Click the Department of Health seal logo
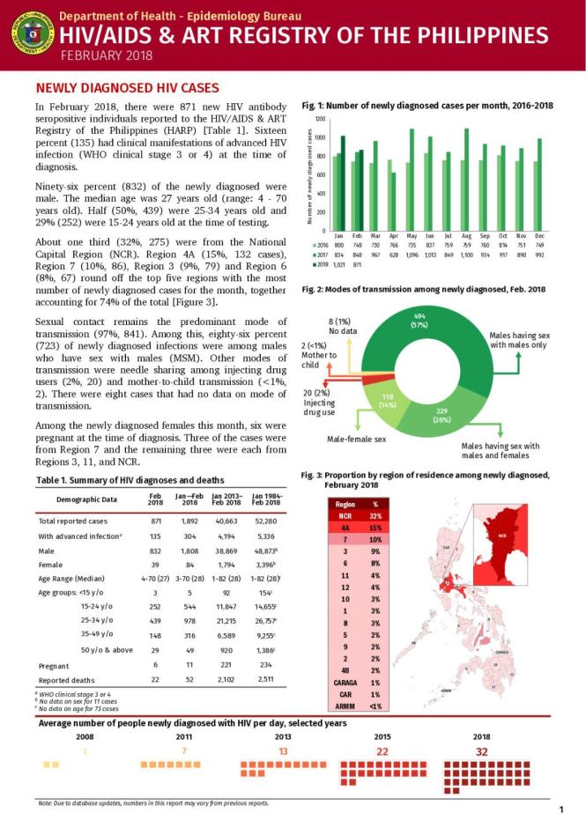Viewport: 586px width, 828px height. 30,33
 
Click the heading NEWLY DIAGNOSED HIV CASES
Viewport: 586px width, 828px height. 121,89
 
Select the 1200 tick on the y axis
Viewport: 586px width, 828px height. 320,119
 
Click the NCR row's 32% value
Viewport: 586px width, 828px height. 375,516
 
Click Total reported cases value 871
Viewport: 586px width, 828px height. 155,521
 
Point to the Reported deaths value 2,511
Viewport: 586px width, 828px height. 264,680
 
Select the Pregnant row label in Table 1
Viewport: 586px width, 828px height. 56,665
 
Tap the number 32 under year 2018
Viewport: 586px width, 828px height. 481,751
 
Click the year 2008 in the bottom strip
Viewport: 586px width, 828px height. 85,736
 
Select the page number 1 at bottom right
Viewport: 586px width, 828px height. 561,810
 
